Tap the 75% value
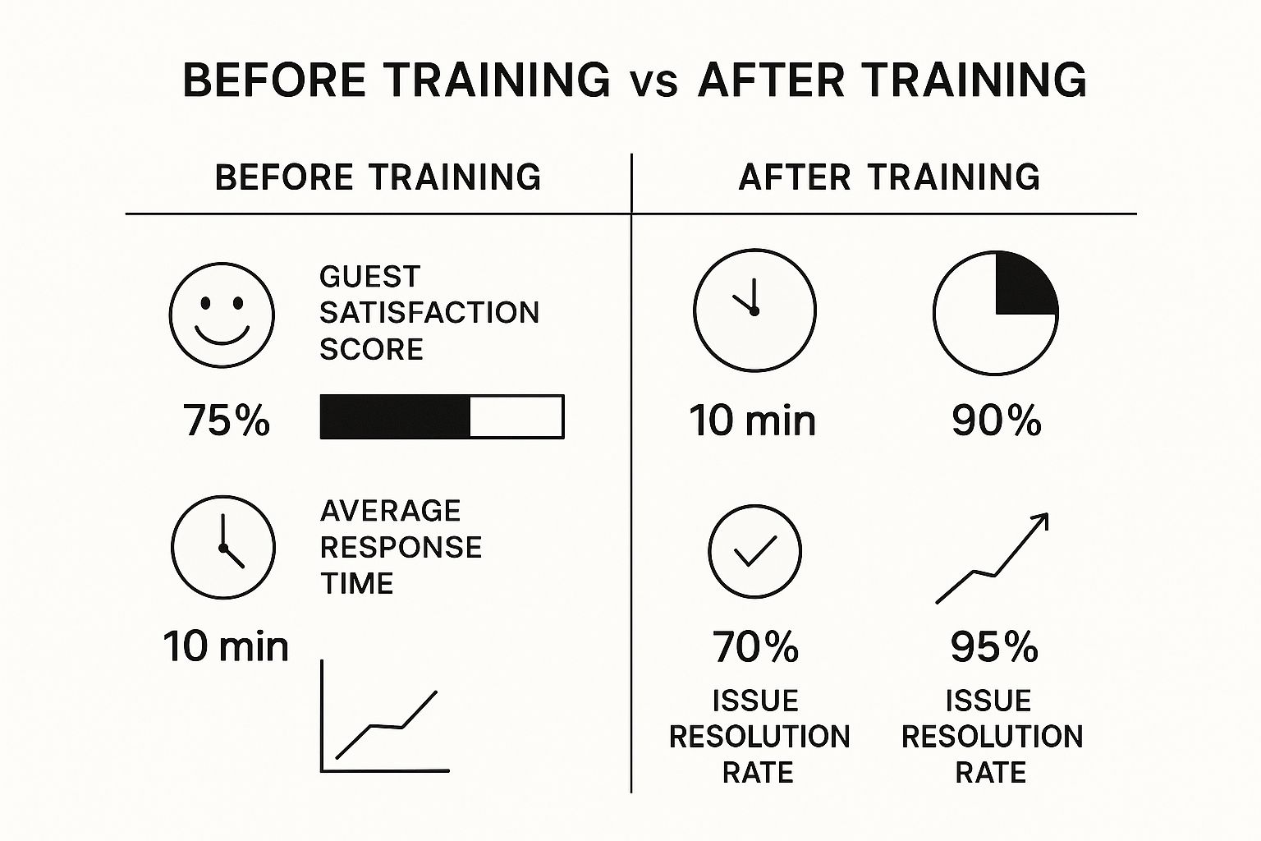pyautogui.click(x=227, y=420)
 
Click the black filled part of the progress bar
pyautogui.click(x=395, y=417)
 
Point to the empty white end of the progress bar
pyautogui.click(x=516, y=417)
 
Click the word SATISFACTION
pyautogui.click(x=429, y=313)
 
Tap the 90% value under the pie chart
pyautogui.click(x=997, y=420)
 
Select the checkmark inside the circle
pyautogui.click(x=755, y=550)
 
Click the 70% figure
pyautogui.click(x=755, y=646)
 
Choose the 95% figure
pyautogui.click(x=994, y=647)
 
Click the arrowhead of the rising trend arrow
pyautogui.click(x=1042, y=520)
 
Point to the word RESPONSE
pyautogui.click(x=401, y=547)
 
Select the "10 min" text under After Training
pyautogui.click(x=753, y=420)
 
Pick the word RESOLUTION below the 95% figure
pyautogui.click(x=993, y=736)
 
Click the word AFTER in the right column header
pyautogui.click(x=795, y=177)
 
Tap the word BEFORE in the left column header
pyautogui.click(x=284, y=177)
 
